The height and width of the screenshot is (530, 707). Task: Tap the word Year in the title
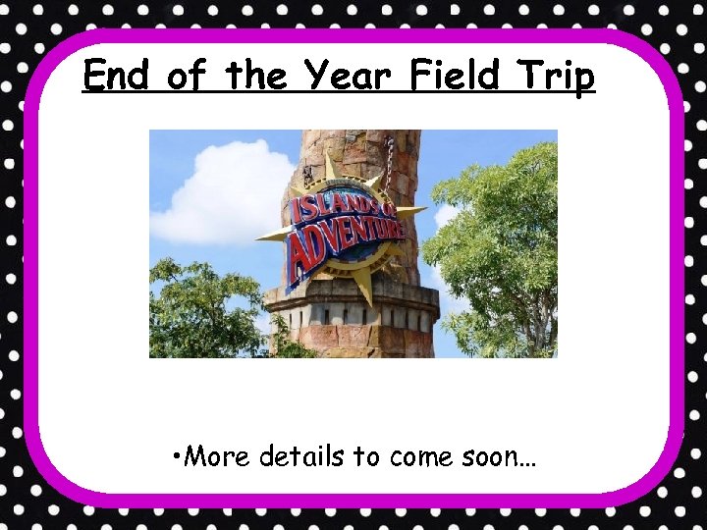tap(345, 75)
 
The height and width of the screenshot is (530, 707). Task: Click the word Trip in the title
tap(558, 77)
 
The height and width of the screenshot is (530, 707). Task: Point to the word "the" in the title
tap(257, 75)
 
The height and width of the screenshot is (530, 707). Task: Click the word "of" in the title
tap(186, 75)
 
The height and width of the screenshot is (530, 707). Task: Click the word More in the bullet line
tap(217, 456)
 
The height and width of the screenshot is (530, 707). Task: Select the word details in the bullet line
tap(301, 456)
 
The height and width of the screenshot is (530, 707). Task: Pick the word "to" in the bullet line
tap(365, 457)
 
